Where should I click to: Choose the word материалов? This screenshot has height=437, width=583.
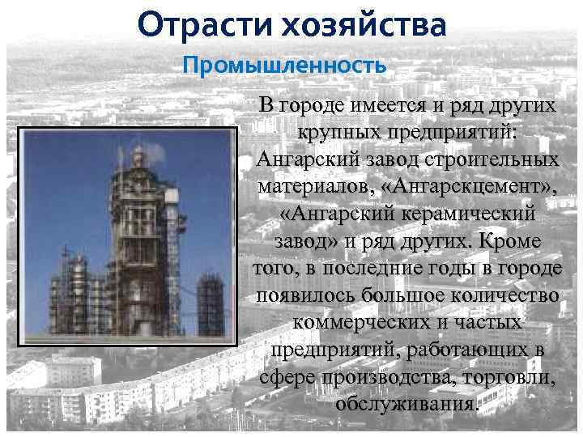317,185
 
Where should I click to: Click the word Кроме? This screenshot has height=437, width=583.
511,240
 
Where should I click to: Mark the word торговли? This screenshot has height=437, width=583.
509,377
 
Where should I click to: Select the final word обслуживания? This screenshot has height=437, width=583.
405,404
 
